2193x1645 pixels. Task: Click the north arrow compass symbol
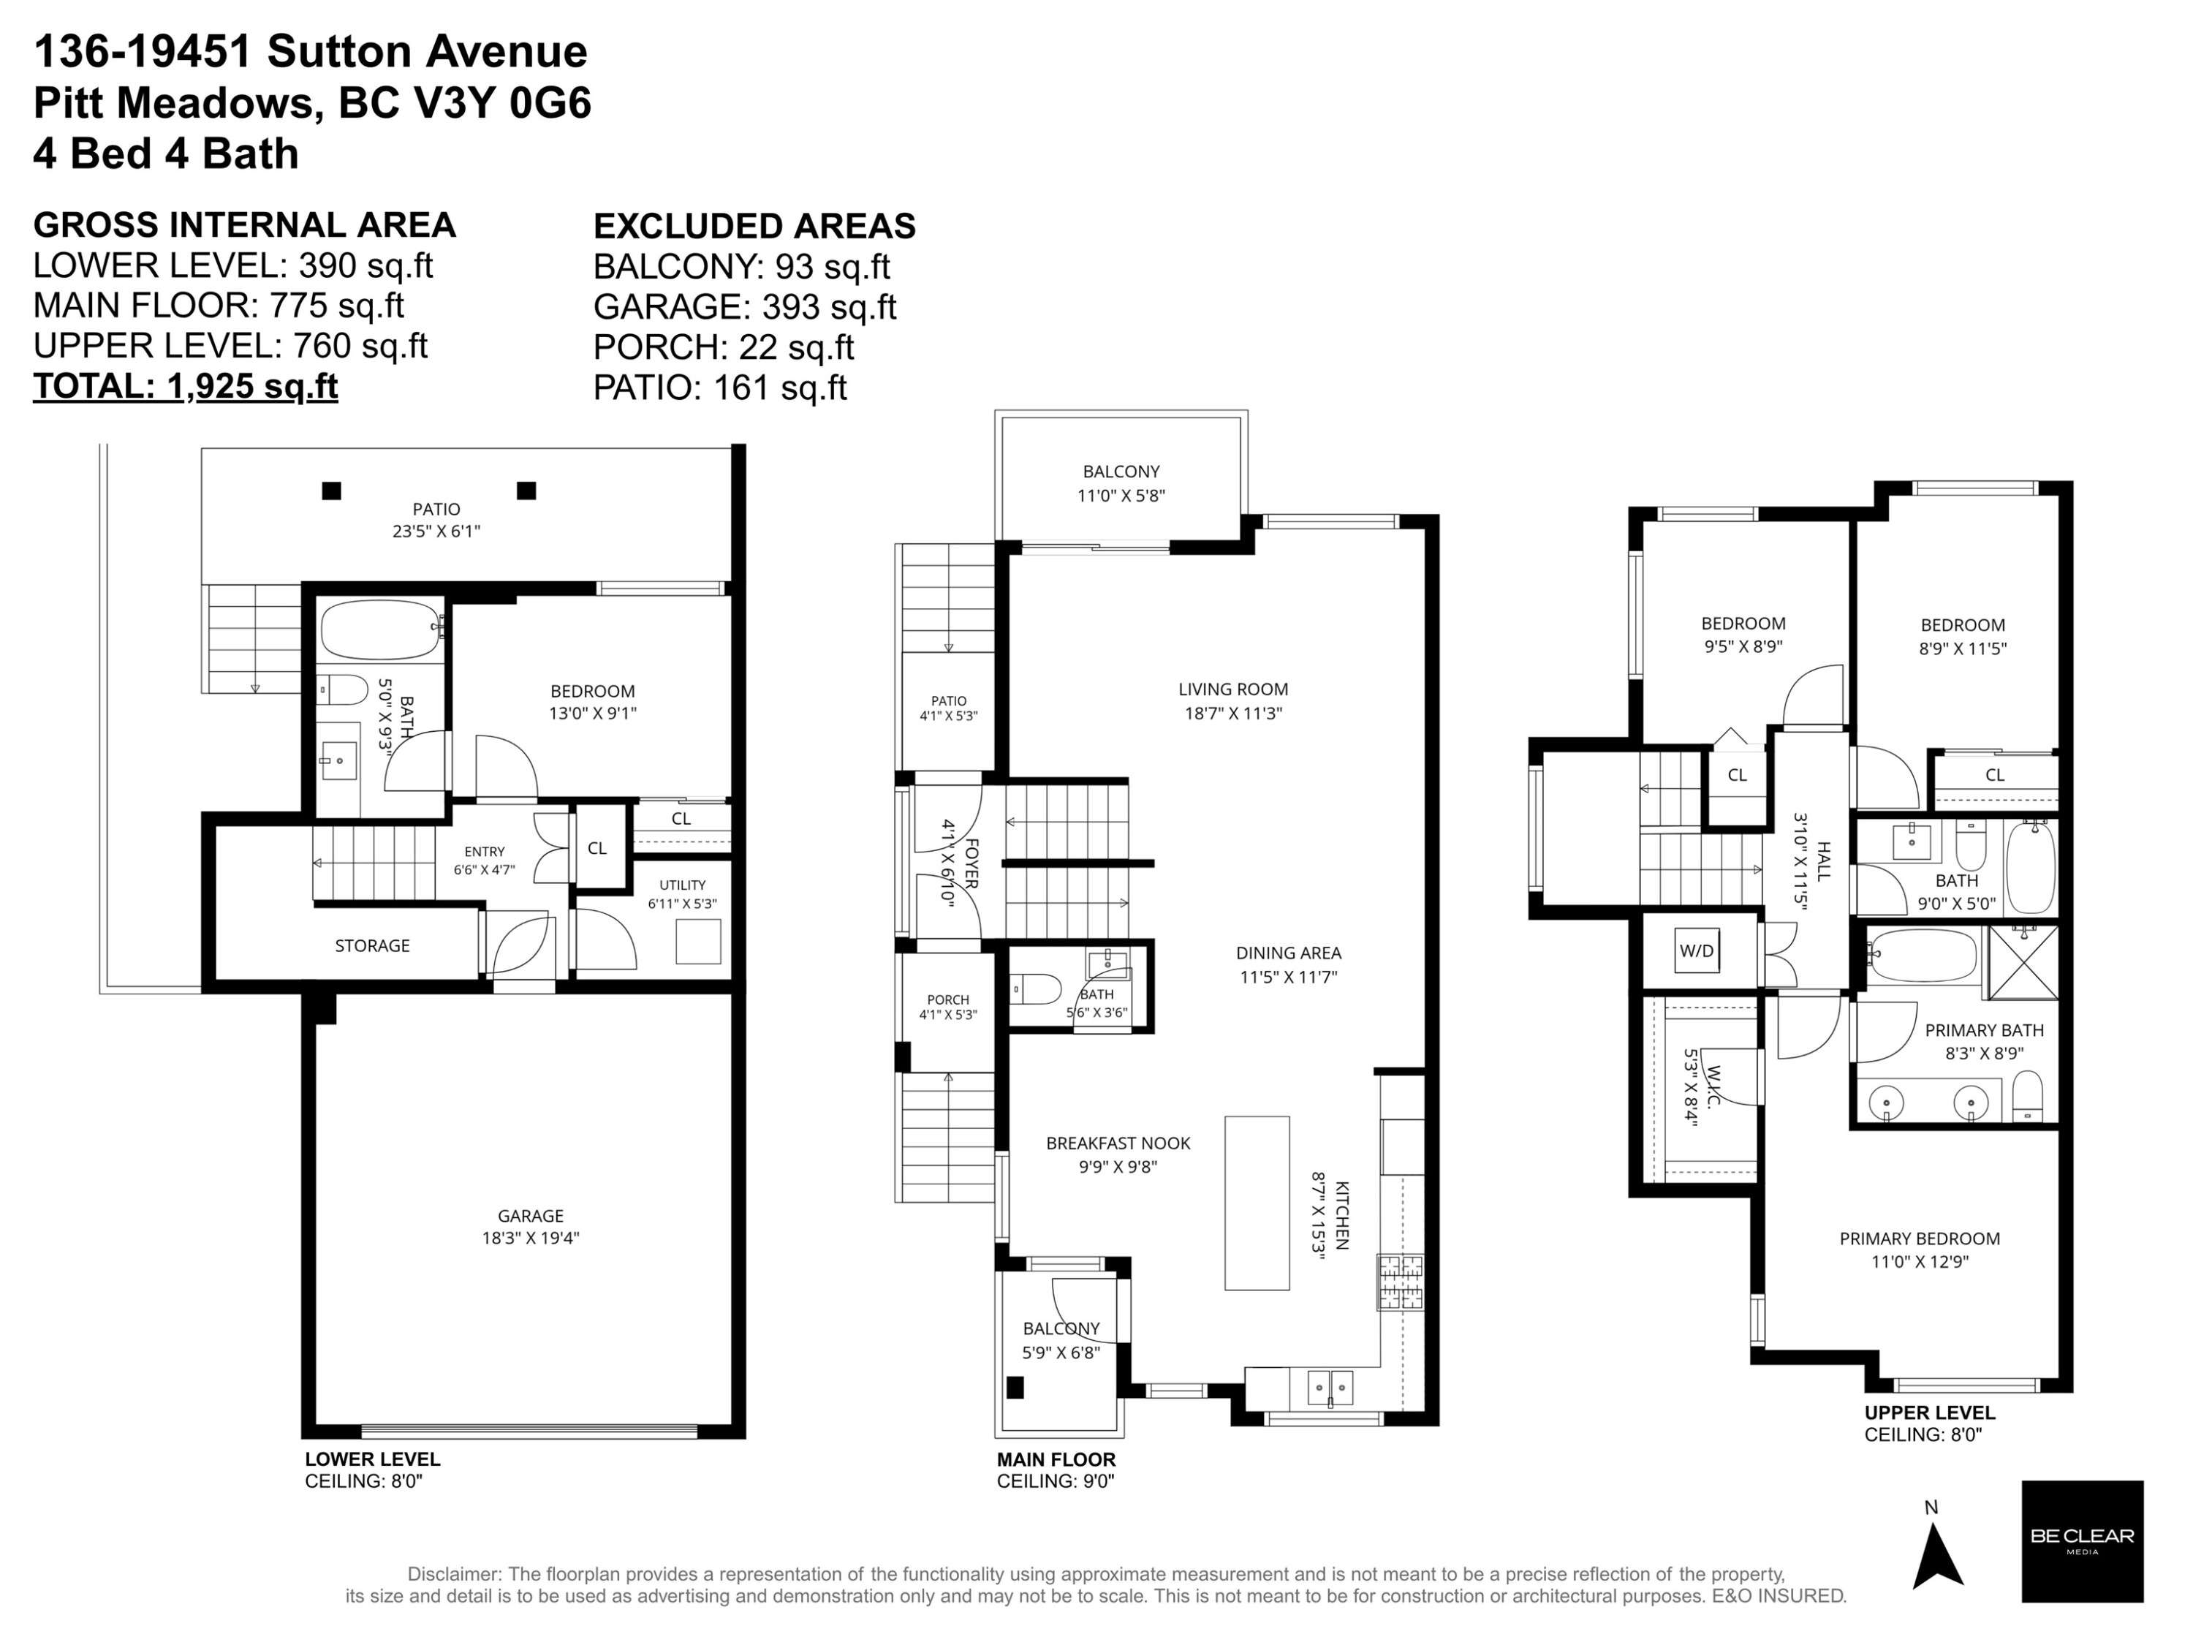pos(1936,1555)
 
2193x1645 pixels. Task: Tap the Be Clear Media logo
pos(2082,1541)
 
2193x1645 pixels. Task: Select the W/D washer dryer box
pos(1697,950)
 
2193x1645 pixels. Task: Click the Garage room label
pos(531,1225)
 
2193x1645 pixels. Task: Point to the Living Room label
pos(1233,700)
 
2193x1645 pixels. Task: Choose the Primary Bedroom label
pos(1920,1249)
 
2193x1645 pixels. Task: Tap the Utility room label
pos(682,893)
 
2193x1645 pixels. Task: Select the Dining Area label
pos(1288,964)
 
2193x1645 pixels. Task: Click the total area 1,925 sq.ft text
pos(186,386)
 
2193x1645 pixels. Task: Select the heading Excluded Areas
pos(754,226)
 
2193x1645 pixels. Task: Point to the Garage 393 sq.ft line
pos(745,307)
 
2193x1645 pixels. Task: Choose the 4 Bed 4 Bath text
pos(165,154)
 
